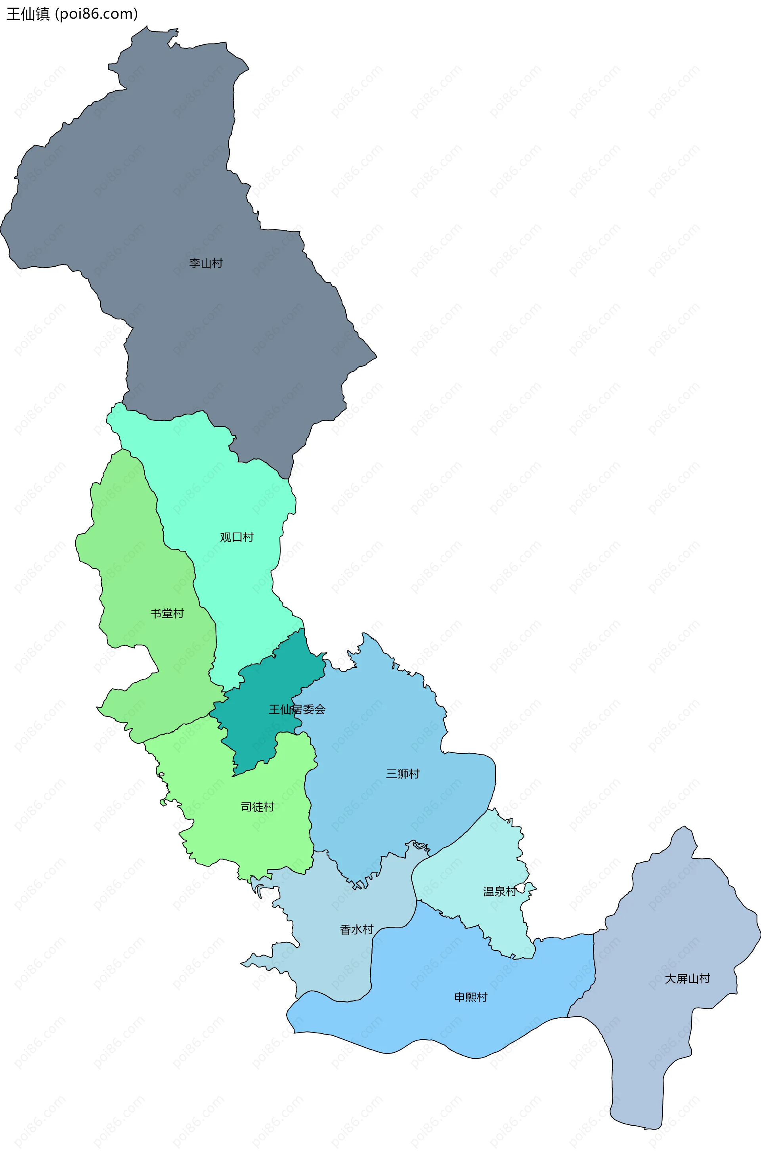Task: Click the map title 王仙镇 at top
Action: pyautogui.click(x=28, y=14)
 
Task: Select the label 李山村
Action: pyautogui.click(x=206, y=263)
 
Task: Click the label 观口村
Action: pyautogui.click(x=237, y=537)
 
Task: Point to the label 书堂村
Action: pyautogui.click(x=167, y=613)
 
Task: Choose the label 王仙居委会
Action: pyautogui.click(x=297, y=710)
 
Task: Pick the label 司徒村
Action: pyautogui.click(x=258, y=807)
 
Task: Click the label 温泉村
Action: pyautogui.click(x=500, y=892)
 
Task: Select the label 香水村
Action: pyautogui.click(x=357, y=929)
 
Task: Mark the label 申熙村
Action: pyautogui.click(x=471, y=997)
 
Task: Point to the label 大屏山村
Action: pyautogui.click(x=687, y=978)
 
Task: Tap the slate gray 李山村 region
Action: pyautogui.click(x=194, y=194)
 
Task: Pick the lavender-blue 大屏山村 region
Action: pyautogui.click(x=670, y=922)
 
